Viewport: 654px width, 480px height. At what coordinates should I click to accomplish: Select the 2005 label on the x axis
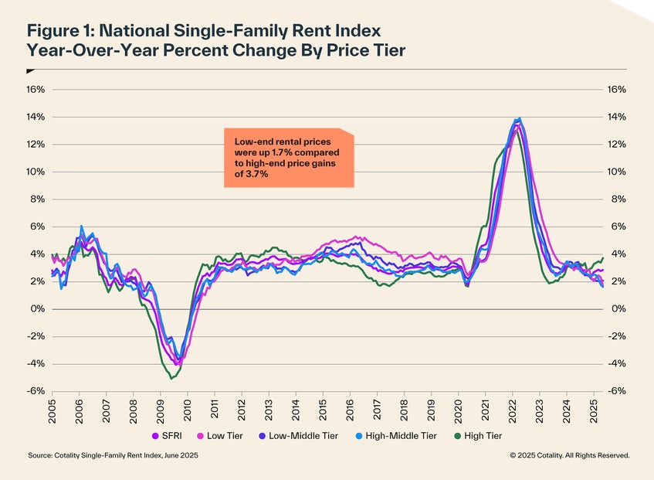[x=53, y=410]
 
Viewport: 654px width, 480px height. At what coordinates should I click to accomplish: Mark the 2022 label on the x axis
[x=512, y=410]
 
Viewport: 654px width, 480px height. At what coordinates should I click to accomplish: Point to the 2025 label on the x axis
[x=593, y=410]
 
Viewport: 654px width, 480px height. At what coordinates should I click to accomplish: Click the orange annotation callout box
[x=288, y=158]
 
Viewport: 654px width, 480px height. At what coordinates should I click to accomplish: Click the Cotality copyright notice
[x=569, y=456]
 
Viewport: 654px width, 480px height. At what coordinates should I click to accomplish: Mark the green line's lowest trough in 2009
[x=171, y=378]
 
